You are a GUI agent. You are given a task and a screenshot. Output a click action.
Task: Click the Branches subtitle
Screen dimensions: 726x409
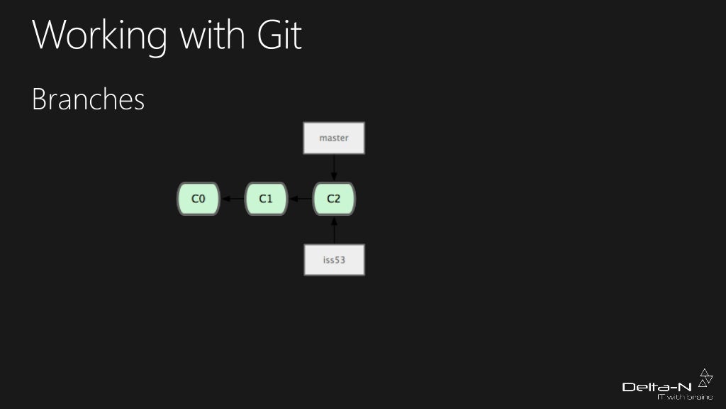[89, 100]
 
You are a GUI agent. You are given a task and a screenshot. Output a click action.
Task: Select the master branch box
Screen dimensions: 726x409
[334, 138]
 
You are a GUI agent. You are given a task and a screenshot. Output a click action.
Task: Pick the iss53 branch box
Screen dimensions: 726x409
[334, 260]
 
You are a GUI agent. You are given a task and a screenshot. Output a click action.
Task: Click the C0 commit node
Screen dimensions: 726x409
[199, 199]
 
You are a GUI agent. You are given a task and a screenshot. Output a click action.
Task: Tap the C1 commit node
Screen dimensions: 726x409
[266, 199]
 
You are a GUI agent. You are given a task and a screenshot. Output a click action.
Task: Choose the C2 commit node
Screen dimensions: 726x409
[334, 199]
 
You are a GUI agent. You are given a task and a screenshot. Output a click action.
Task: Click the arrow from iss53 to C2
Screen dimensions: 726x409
[334, 230]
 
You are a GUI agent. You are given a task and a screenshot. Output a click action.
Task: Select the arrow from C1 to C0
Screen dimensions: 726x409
[233, 199]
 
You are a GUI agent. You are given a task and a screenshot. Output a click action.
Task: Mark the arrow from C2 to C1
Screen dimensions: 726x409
[300, 199]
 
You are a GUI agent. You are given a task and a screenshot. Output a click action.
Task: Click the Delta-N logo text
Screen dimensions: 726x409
[657, 387]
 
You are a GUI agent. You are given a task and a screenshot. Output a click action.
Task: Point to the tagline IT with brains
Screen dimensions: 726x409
[684, 398]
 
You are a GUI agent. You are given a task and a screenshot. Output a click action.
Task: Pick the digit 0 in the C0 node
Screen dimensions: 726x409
[202, 199]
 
